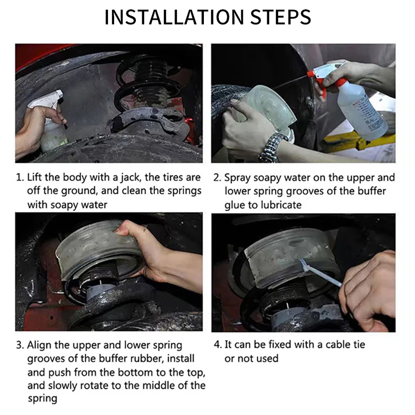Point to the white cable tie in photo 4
(320, 272)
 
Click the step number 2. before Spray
(217, 177)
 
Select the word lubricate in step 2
(281, 205)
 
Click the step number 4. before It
(218, 344)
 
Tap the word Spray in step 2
(238, 178)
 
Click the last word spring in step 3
(43, 399)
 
